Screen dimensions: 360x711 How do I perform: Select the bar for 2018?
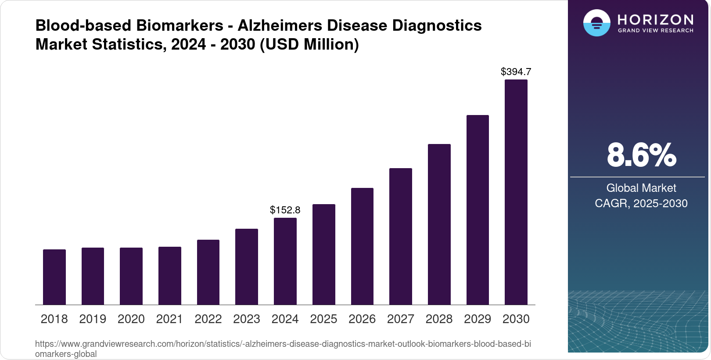(54, 277)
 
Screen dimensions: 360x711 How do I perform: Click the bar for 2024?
(285, 261)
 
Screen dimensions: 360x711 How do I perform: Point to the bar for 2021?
(170, 276)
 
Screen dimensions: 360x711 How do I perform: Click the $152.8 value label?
(285, 210)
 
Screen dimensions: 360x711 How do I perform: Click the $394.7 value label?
(516, 72)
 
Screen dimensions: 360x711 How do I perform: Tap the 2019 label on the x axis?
(93, 319)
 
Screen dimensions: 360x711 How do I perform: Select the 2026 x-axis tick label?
(362, 319)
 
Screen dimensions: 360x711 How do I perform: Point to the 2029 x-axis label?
(478, 319)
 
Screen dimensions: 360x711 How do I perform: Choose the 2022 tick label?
(208, 319)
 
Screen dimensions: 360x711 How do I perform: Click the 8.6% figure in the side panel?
(641, 155)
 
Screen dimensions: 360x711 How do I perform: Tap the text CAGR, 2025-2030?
(641, 203)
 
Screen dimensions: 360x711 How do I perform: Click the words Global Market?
(641, 188)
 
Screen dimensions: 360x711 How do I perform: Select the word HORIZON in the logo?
(655, 20)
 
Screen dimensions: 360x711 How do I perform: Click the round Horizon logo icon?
(597, 23)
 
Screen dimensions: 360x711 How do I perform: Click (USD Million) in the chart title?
(309, 44)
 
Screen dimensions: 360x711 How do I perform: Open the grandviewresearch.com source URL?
(283, 344)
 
